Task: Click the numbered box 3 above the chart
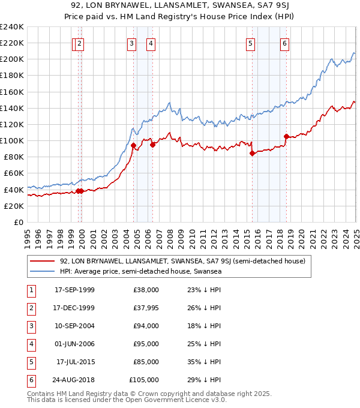pyautogui.click(x=131, y=43)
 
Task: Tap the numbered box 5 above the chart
pyautogui.click(x=250, y=43)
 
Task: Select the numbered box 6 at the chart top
pyautogui.click(x=284, y=43)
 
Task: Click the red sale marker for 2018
pyautogui.click(x=286, y=136)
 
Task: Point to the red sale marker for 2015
pyautogui.click(x=252, y=153)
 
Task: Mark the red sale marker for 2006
pyautogui.click(x=152, y=145)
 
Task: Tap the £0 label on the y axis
pyautogui.click(x=18, y=222)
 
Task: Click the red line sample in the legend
pyautogui.click(x=42, y=261)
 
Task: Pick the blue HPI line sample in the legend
pyautogui.click(x=42, y=271)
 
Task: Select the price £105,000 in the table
pyautogui.click(x=144, y=380)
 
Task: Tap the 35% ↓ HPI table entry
pyautogui.click(x=200, y=362)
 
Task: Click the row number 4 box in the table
pyautogui.click(x=30, y=344)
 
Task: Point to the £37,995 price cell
pyautogui.click(x=144, y=308)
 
